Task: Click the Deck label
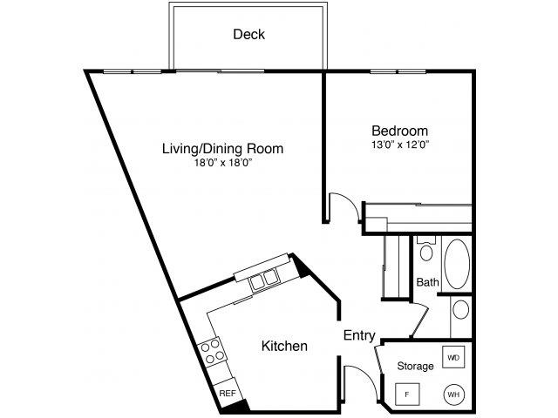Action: click(248, 35)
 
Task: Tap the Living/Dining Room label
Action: click(222, 148)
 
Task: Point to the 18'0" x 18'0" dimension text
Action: click(222, 163)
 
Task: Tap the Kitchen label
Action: click(284, 347)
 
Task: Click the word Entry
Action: click(359, 335)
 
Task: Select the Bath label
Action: click(427, 282)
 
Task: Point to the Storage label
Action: click(415, 366)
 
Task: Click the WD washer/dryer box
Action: click(453, 358)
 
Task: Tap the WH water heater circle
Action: click(453, 394)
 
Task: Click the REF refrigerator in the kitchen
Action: click(228, 394)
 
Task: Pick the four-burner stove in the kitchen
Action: click(212, 353)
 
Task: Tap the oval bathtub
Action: click(457, 265)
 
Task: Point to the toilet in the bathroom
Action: click(425, 252)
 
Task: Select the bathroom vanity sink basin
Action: click(460, 310)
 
